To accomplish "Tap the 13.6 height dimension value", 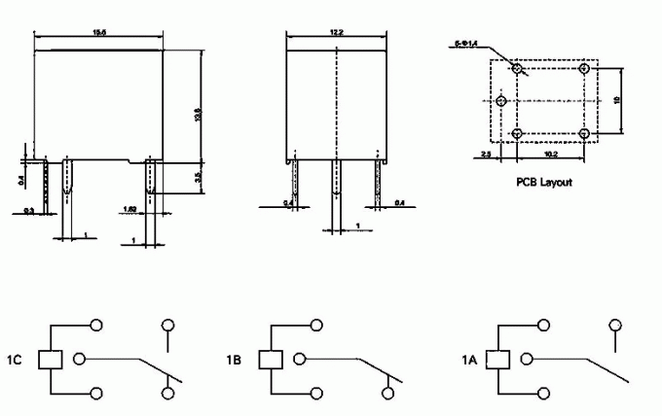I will (199, 115).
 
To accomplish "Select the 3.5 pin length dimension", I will (199, 177).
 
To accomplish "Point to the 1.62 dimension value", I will (129, 209).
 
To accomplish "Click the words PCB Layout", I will (542, 182).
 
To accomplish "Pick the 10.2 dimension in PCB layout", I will (551, 155).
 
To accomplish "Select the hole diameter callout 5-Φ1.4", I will (467, 43).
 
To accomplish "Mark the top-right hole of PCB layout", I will (585, 68).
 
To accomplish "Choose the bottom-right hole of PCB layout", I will (585, 133).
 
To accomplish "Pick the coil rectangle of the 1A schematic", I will (499, 359).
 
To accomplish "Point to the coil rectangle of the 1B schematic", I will (270, 359).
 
